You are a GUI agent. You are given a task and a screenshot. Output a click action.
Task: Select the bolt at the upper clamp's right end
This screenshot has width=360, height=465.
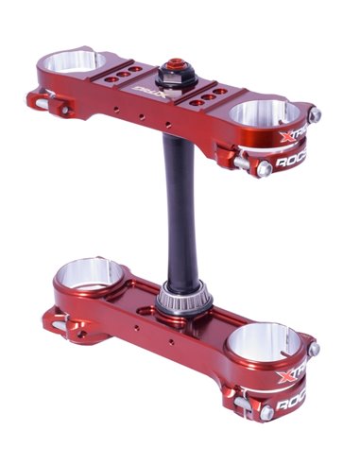(315, 115)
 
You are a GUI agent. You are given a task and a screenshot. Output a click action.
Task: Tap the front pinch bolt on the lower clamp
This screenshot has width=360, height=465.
(267, 412)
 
